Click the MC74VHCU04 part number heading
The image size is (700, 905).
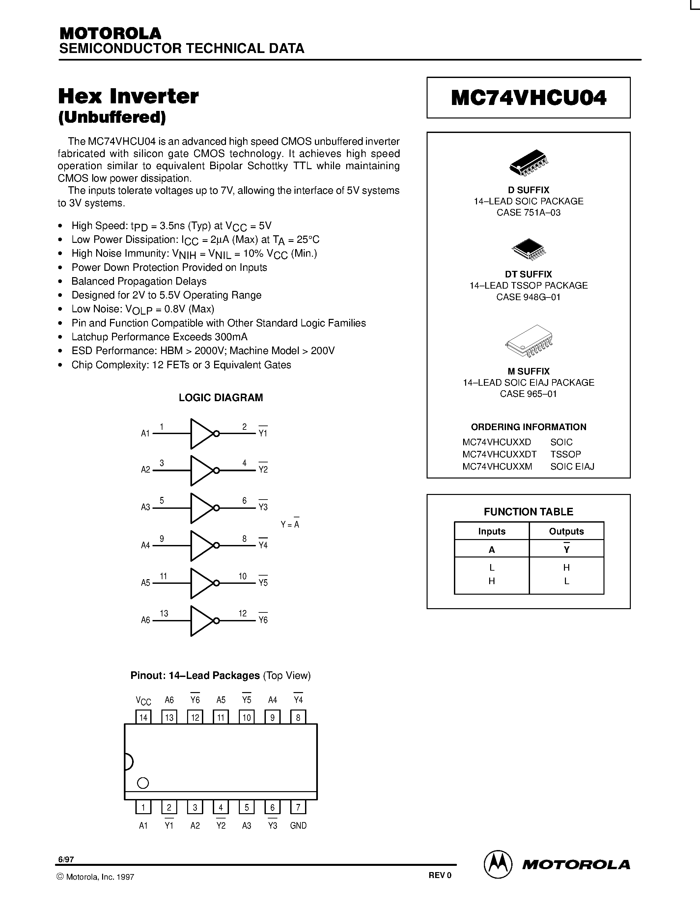(x=528, y=98)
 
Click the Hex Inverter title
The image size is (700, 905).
(x=128, y=96)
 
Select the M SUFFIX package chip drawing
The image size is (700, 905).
(x=529, y=341)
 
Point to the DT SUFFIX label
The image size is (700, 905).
(x=528, y=274)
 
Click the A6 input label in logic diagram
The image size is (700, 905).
(x=145, y=620)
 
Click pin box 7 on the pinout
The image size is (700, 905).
(x=298, y=807)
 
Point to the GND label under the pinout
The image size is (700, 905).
(x=298, y=825)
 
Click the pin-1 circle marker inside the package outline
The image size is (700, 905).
(x=143, y=783)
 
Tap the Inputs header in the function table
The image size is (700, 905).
(x=492, y=531)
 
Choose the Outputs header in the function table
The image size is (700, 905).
(x=567, y=531)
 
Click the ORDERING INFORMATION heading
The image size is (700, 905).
(x=528, y=427)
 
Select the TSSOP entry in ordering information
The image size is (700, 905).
(x=566, y=454)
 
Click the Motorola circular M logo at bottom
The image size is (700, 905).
(x=498, y=865)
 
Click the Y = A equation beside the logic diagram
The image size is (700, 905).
(x=290, y=524)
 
